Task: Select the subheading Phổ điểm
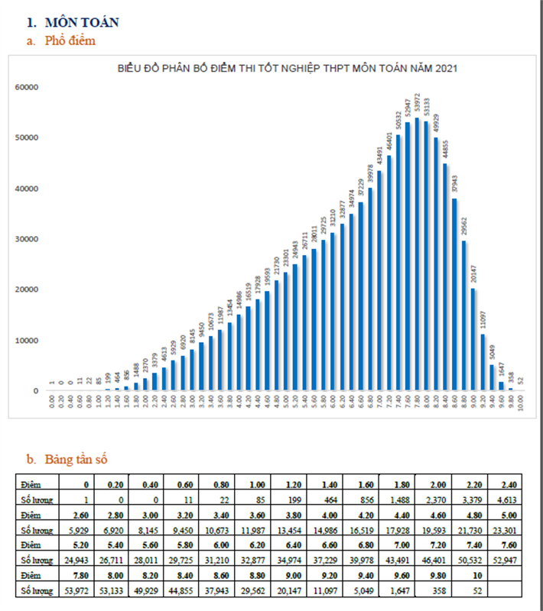pyautogui.click(x=68, y=41)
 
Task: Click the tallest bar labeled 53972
pyautogui.click(x=418, y=256)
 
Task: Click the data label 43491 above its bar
pyautogui.click(x=380, y=156)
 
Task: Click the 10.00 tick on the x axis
pyautogui.click(x=521, y=402)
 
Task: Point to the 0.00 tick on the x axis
pyautogui.click(x=52, y=402)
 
